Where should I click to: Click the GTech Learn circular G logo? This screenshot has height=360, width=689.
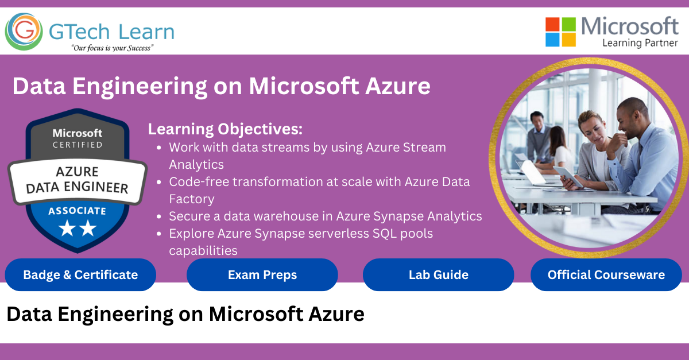click(x=24, y=32)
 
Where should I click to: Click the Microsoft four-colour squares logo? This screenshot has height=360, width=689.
click(x=560, y=32)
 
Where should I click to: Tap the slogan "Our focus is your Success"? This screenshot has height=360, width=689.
click(x=113, y=48)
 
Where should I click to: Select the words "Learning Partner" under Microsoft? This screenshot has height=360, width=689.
click(x=640, y=43)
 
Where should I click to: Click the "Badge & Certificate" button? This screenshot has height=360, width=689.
click(x=80, y=275)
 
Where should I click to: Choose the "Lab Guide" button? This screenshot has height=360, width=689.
click(x=438, y=275)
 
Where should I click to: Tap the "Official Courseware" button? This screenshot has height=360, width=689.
click(x=606, y=275)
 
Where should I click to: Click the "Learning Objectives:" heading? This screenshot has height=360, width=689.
click(x=225, y=129)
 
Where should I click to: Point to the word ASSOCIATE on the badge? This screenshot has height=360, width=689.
click(x=77, y=211)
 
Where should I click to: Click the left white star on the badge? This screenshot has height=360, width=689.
click(x=67, y=229)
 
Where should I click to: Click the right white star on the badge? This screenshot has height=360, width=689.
click(x=88, y=228)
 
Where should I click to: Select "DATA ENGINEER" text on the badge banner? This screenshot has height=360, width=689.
click(x=77, y=187)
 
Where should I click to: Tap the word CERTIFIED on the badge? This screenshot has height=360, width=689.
click(x=78, y=145)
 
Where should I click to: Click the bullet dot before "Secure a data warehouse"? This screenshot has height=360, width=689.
click(x=158, y=216)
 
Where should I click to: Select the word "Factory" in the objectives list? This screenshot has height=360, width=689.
click(x=192, y=199)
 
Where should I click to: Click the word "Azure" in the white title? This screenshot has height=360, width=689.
click(x=398, y=86)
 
